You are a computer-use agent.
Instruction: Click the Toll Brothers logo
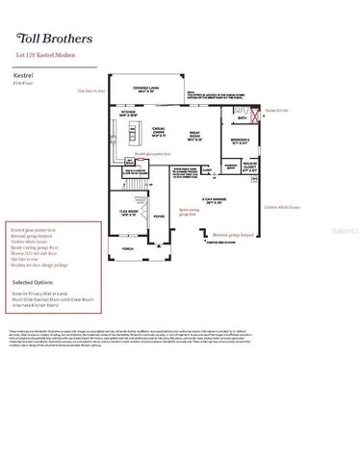pyautogui.click(x=55, y=39)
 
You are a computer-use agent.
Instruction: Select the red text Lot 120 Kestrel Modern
pyautogui.click(x=48, y=58)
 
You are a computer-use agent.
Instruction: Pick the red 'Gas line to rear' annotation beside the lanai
pyautogui.click(x=93, y=90)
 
